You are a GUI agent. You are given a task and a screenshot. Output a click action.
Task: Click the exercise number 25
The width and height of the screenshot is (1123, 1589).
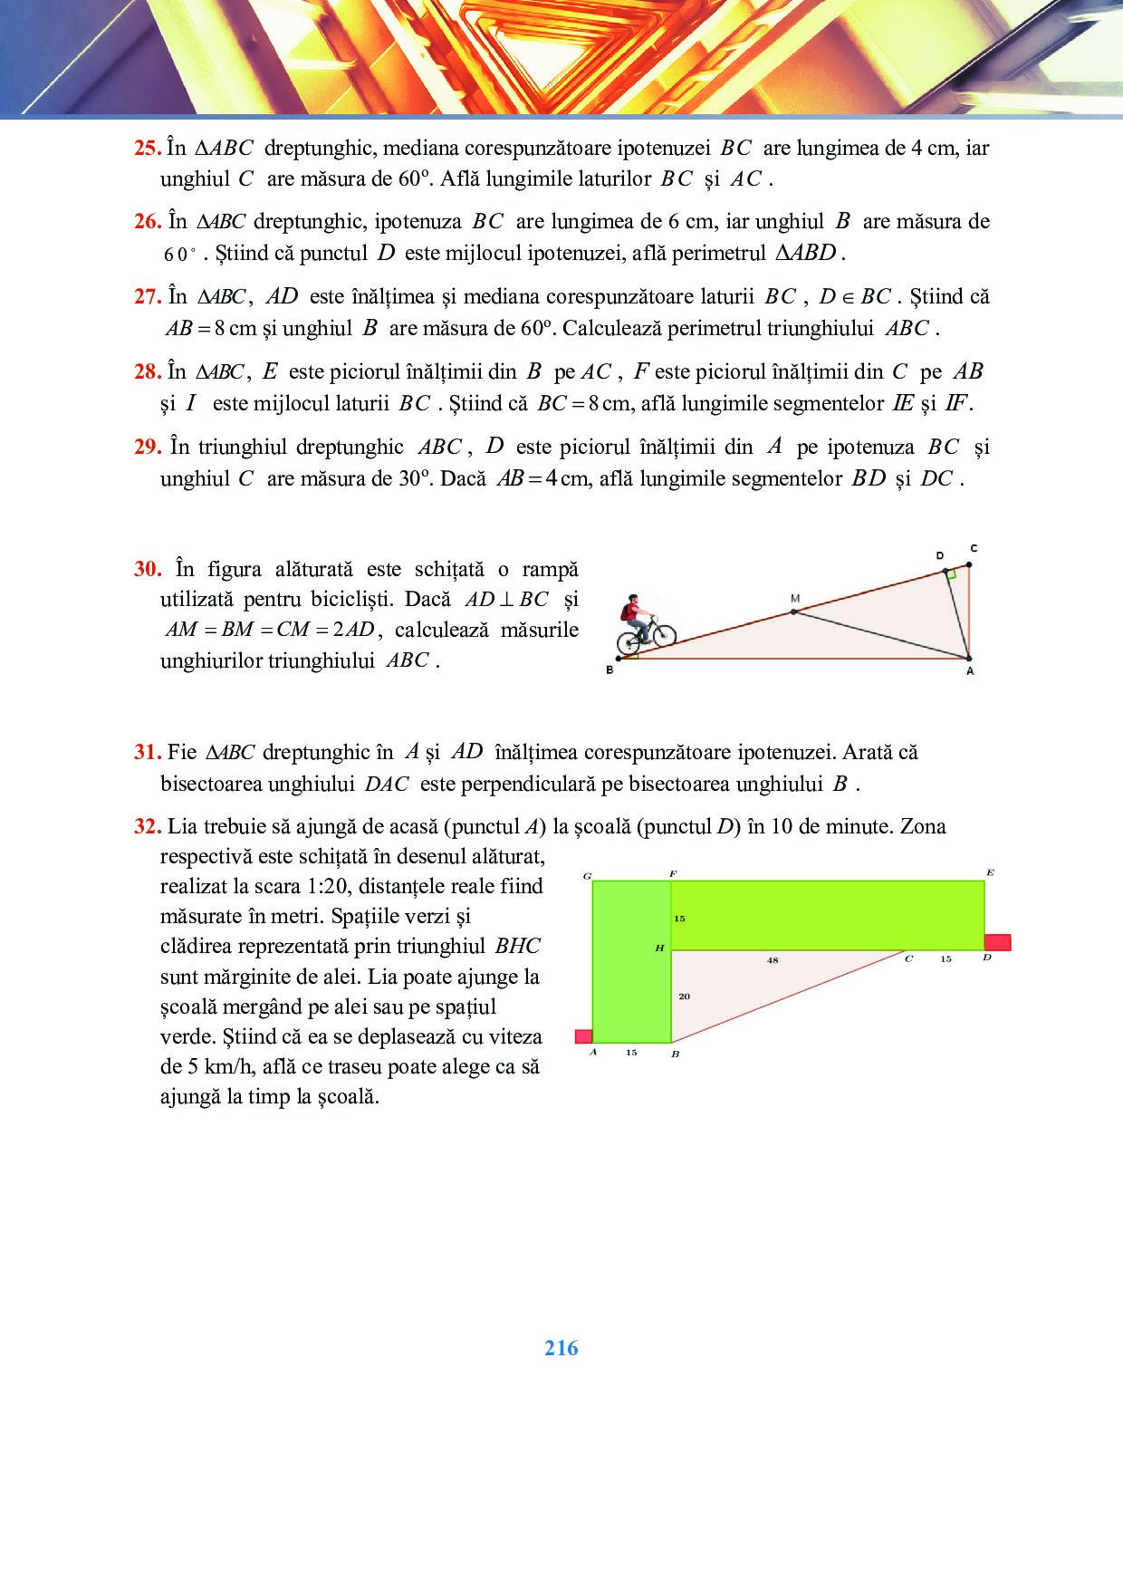tap(147, 149)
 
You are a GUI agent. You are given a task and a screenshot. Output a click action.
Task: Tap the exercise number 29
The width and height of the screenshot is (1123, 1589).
tap(147, 447)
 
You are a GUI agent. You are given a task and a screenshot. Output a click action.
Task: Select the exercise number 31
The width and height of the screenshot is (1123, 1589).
tap(147, 752)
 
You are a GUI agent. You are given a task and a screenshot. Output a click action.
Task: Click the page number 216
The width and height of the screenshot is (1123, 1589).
tap(561, 1348)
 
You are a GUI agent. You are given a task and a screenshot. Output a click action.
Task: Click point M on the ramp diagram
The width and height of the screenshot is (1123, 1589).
tap(794, 612)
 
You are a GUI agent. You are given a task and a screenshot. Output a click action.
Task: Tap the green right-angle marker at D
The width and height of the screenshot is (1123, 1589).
tap(950, 573)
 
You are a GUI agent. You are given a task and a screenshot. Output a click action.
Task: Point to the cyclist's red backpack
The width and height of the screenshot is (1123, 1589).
tap(627, 612)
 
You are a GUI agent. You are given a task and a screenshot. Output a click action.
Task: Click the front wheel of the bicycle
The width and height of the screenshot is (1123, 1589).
tap(663, 631)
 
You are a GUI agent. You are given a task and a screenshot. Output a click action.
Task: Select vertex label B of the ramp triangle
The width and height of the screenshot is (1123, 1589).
tap(609, 670)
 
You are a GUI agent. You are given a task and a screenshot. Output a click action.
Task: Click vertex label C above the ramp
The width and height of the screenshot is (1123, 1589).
tap(974, 549)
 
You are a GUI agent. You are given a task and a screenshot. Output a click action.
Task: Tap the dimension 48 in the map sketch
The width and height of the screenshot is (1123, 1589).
tap(773, 960)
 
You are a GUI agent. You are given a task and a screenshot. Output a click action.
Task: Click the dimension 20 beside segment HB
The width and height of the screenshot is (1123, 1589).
tap(684, 997)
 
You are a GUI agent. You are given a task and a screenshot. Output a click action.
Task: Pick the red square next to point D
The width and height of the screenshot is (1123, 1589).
tap(997, 942)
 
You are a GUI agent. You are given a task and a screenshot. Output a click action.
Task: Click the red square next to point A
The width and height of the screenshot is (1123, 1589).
tap(584, 1036)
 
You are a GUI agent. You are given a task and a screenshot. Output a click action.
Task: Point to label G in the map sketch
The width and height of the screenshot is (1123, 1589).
tap(588, 876)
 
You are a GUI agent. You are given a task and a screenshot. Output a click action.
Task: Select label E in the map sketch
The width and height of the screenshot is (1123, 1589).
tap(990, 873)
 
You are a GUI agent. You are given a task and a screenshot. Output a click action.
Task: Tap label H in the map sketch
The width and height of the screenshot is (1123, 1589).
tap(659, 948)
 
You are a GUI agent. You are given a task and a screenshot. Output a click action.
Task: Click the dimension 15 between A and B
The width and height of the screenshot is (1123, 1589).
tap(631, 1053)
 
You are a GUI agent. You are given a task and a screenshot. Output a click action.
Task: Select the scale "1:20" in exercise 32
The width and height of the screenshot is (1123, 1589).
tap(326, 886)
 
